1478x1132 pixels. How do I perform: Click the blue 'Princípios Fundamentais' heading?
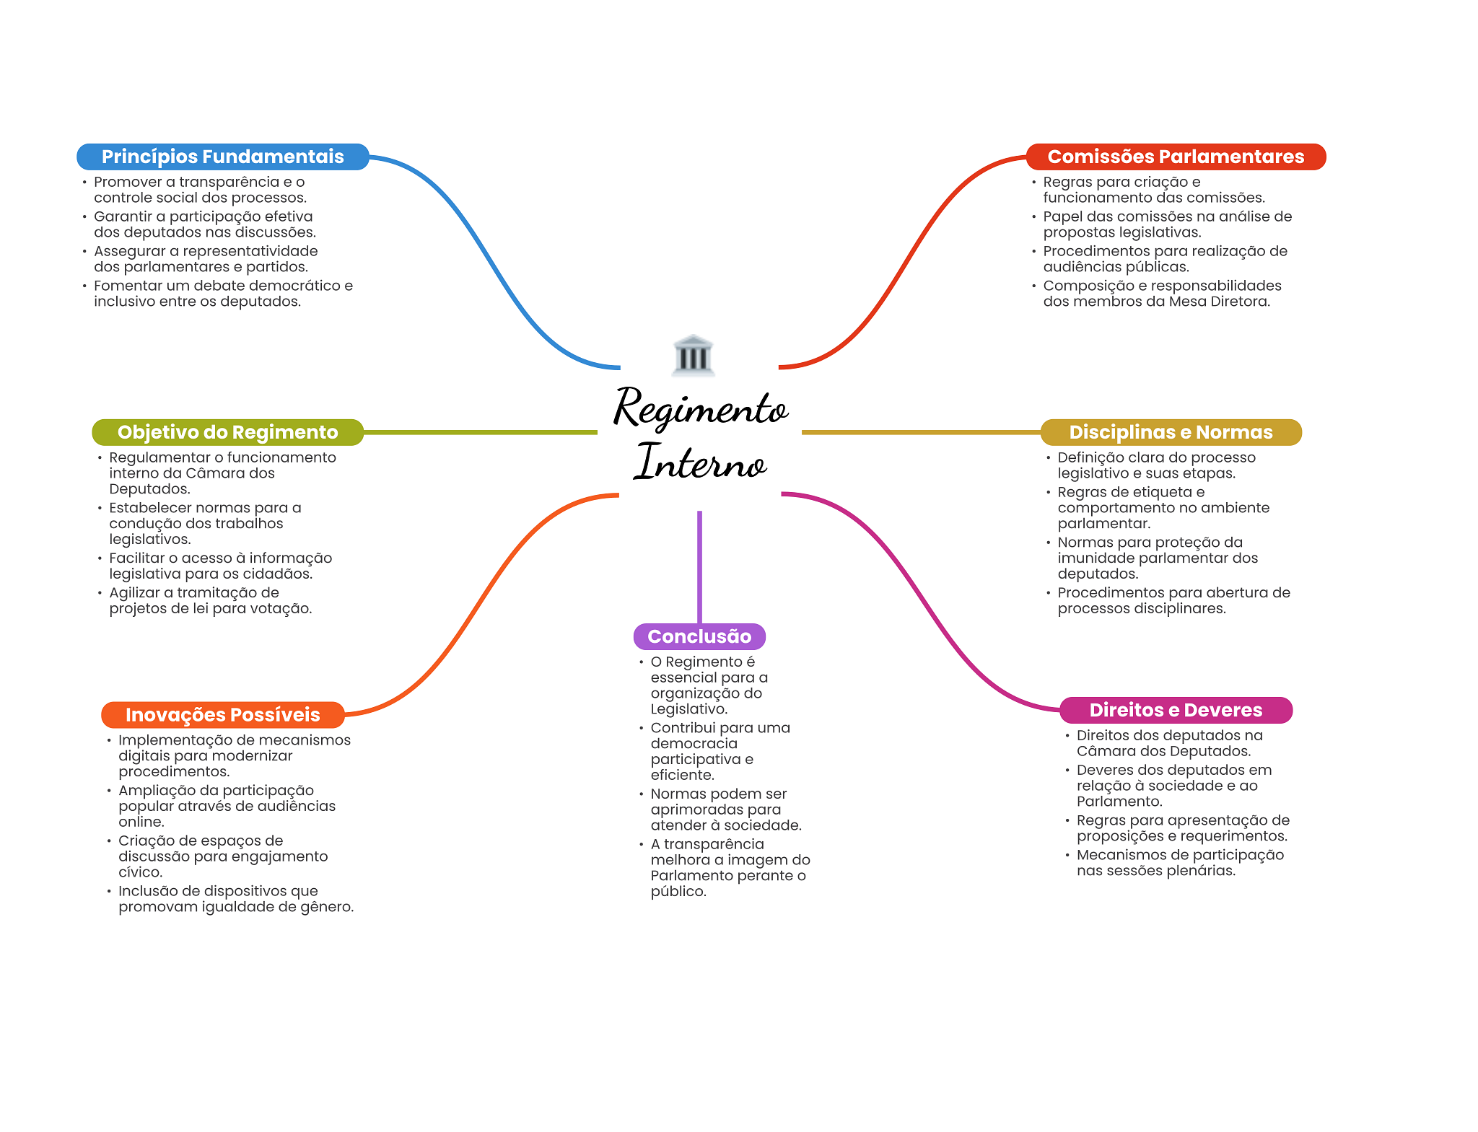coord(223,157)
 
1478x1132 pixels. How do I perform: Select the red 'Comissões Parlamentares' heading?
coord(1176,157)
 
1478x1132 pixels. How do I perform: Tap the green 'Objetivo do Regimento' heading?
coord(228,432)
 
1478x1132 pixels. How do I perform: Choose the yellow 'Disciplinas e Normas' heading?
coord(1171,432)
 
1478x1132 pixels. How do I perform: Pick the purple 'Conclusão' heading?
coord(699,636)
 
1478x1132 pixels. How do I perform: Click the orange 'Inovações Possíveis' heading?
coord(223,715)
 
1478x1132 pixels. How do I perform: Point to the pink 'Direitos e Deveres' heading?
coord(1176,710)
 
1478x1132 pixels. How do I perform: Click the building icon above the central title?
coord(694,355)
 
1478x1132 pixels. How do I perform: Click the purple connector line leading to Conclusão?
coord(699,567)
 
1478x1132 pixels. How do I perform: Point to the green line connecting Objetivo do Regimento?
coord(481,432)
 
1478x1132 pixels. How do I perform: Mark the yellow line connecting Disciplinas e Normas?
coord(922,432)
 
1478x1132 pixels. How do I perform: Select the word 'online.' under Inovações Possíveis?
coord(141,822)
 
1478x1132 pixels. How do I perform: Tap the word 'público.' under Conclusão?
coord(678,892)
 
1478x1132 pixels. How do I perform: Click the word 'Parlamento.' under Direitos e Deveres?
coord(1119,802)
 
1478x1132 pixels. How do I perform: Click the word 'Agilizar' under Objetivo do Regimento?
coord(135,593)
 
